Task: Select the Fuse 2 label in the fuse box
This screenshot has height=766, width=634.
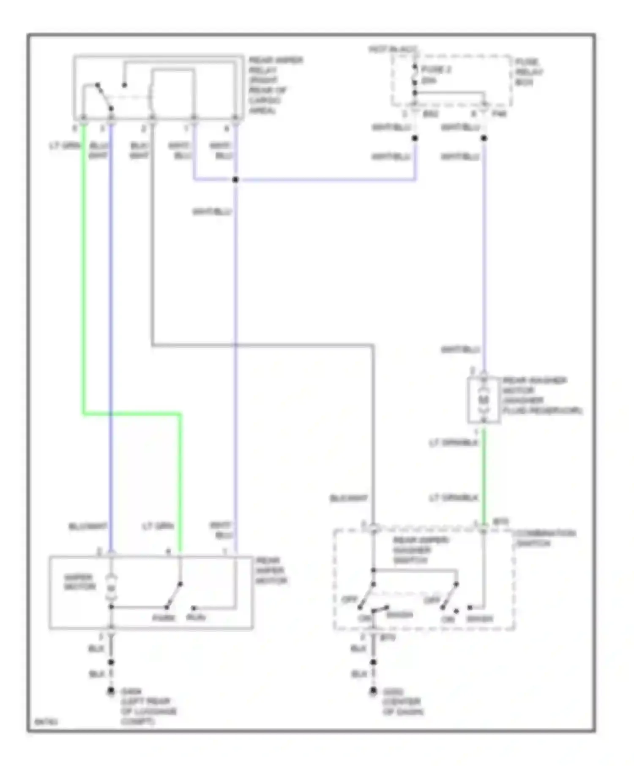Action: click(435, 74)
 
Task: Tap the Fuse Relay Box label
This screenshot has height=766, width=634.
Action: click(528, 72)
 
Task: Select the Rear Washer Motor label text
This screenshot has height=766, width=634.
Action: click(541, 395)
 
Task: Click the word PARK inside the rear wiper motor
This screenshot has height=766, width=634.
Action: click(164, 618)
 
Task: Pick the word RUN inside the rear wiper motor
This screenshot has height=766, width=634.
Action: click(196, 618)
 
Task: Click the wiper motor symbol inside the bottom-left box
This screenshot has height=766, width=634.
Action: click(111, 587)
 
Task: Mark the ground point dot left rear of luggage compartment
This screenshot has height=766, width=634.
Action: click(111, 691)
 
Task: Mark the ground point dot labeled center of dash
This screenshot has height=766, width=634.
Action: click(373, 691)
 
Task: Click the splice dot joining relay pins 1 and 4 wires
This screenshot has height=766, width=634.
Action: click(235, 180)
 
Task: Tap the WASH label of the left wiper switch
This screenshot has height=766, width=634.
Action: click(399, 615)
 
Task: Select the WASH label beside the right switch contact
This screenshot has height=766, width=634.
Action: click(479, 619)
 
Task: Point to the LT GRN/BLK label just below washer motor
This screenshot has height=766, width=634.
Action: click(453, 443)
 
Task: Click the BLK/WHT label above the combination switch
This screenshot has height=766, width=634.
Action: click(349, 499)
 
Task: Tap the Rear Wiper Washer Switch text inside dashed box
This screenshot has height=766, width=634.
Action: click(420, 550)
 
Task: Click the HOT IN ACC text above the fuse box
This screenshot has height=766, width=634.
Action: click(392, 50)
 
